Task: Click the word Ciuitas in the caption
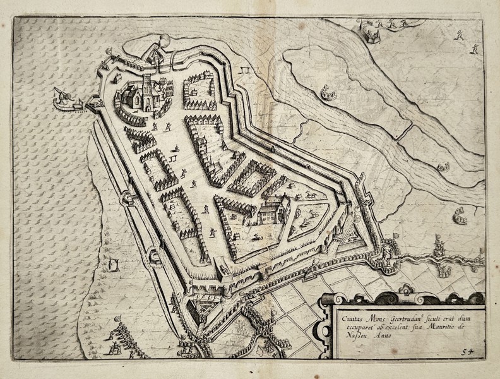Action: point(347,310)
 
